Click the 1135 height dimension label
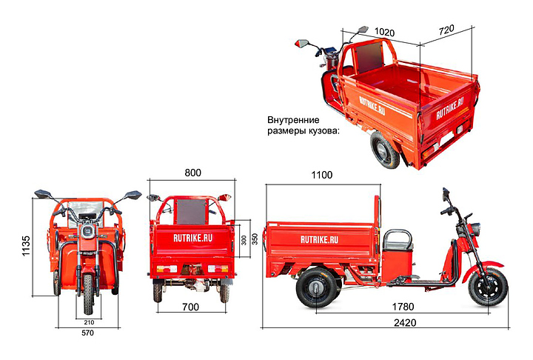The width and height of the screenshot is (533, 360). pyautogui.click(x=26, y=246)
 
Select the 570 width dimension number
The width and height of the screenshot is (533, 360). pyautogui.click(x=87, y=333)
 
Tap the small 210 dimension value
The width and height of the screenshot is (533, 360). pyautogui.click(x=89, y=322)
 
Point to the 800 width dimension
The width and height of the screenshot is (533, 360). pyautogui.click(x=192, y=173)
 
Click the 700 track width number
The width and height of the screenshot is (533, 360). pyautogui.click(x=190, y=307)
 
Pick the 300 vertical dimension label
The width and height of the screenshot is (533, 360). pyautogui.click(x=244, y=240)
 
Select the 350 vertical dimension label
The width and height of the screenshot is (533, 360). pyautogui.click(x=255, y=239)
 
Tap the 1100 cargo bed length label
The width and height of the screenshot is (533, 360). pyautogui.click(x=321, y=176)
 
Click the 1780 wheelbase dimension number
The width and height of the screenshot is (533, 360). pyautogui.click(x=403, y=307)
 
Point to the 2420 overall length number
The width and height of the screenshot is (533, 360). pyautogui.click(x=405, y=322)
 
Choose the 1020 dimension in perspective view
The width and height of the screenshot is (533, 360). pyautogui.click(x=384, y=32)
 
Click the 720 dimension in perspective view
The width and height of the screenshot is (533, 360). pyautogui.click(x=446, y=30)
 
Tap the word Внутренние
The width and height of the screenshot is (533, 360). pyautogui.click(x=293, y=120)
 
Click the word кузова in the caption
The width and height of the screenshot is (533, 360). pyautogui.click(x=324, y=130)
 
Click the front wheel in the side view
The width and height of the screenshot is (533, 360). pyautogui.click(x=488, y=287)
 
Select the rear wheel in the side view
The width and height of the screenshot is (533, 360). pyautogui.click(x=316, y=287)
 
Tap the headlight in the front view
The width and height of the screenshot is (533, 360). pyautogui.click(x=88, y=231)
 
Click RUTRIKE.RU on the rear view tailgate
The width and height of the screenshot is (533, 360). pyautogui.click(x=192, y=238)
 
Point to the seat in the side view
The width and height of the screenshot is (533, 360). pyautogui.click(x=398, y=240)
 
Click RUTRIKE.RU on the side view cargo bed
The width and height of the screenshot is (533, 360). pyautogui.click(x=319, y=239)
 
